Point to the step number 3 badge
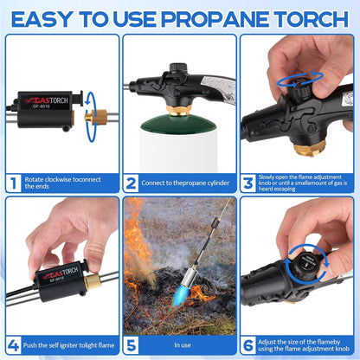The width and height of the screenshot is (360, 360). (x=249, y=183)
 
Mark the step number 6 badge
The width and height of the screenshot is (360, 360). (x=249, y=344)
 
